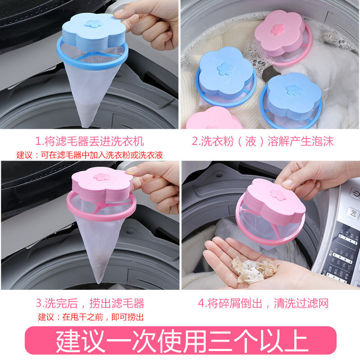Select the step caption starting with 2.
pyautogui.click(x=269, y=141)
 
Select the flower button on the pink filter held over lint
pyautogui.click(x=273, y=193)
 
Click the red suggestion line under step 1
pyautogui.click(x=90, y=155)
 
